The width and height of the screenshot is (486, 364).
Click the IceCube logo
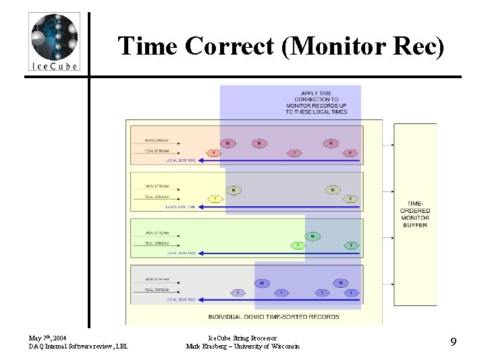pos(55,42)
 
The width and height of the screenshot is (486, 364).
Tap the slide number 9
pos(454,341)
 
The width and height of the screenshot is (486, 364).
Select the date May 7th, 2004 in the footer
pos(48,336)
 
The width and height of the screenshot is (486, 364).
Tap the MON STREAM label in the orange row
pos(157,141)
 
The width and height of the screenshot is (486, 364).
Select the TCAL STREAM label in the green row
pos(157,243)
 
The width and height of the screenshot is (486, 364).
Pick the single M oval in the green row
pos(313,236)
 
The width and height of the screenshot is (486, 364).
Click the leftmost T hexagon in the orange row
pos(215,154)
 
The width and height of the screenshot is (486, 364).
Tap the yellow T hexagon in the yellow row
pos(215,200)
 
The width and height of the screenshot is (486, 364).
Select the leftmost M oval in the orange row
pos(228,143)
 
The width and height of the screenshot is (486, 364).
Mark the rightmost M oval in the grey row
pos(341,283)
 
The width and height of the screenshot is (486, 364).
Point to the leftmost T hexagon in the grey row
pos(237,293)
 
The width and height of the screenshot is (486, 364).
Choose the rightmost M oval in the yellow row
pos(332,190)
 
